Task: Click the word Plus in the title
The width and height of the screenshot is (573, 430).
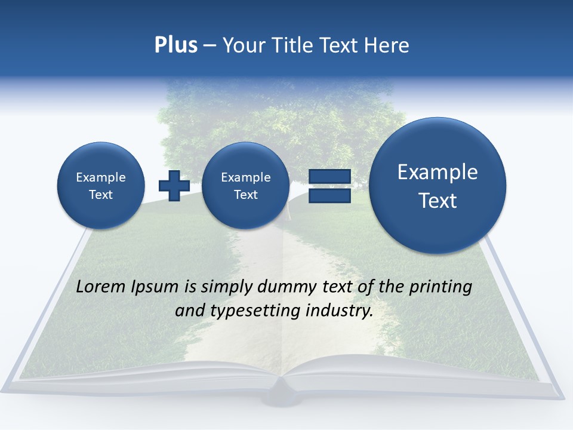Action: point(175,45)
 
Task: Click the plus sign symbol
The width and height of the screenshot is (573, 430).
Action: point(174,185)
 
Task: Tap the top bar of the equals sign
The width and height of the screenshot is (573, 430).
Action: point(329,176)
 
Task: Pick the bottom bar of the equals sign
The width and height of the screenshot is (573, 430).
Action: point(329,195)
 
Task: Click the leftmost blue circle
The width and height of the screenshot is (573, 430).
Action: point(101,186)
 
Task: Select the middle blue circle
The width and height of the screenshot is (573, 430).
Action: point(245,186)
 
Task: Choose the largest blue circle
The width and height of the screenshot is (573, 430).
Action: point(438,186)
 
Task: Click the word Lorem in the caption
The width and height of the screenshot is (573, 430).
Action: point(101,287)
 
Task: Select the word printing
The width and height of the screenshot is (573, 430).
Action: point(440,287)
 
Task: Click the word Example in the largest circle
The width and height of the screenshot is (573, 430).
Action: point(438,172)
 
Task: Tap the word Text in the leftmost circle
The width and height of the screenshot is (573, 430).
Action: point(101,195)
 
